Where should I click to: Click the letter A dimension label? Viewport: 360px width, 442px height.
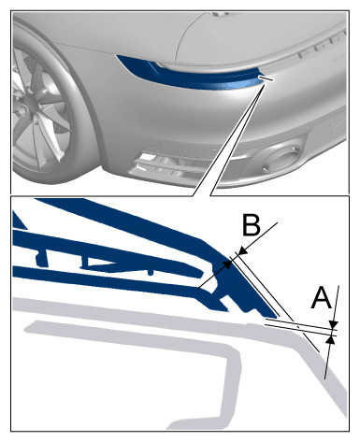click(321, 298)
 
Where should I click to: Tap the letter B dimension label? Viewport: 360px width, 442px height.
click(252, 224)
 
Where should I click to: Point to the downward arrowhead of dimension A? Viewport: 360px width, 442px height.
click(334, 324)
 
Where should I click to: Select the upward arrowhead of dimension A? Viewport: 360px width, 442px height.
click(331, 340)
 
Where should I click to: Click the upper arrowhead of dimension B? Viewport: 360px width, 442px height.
click(242, 250)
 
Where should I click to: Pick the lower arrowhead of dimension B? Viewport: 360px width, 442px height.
click(228, 264)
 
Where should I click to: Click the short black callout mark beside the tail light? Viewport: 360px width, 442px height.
click(266, 78)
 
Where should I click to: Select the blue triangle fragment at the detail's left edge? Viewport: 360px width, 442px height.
click(18, 221)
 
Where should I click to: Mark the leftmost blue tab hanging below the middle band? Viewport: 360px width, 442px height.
click(41, 258)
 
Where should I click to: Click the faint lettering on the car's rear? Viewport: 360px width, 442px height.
click(339, 58)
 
